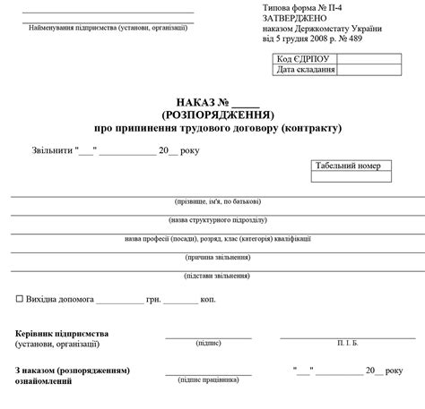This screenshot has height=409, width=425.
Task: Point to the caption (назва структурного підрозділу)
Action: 217,219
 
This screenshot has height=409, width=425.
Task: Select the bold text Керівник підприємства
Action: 62,332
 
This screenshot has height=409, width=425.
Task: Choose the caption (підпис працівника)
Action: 209,379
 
